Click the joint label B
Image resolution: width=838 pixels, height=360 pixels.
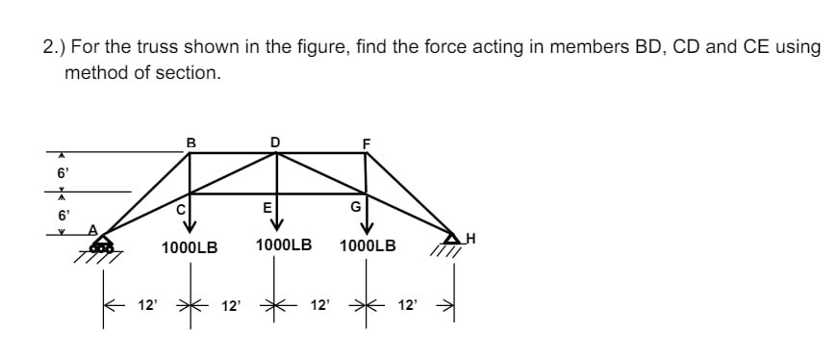[190, 142]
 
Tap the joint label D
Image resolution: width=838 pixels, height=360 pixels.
[276, 142]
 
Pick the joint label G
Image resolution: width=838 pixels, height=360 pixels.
[355, 206]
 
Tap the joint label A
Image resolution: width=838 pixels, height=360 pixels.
[93, 229]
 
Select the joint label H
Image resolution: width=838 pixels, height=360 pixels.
[470, 236]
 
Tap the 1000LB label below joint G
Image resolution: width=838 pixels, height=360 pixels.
[368, 245]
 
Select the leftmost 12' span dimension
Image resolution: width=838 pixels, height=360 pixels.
[146, 306]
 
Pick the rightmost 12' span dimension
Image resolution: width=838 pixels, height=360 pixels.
[408, 306]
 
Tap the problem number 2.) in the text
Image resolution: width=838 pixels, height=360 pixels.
[54, 47]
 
